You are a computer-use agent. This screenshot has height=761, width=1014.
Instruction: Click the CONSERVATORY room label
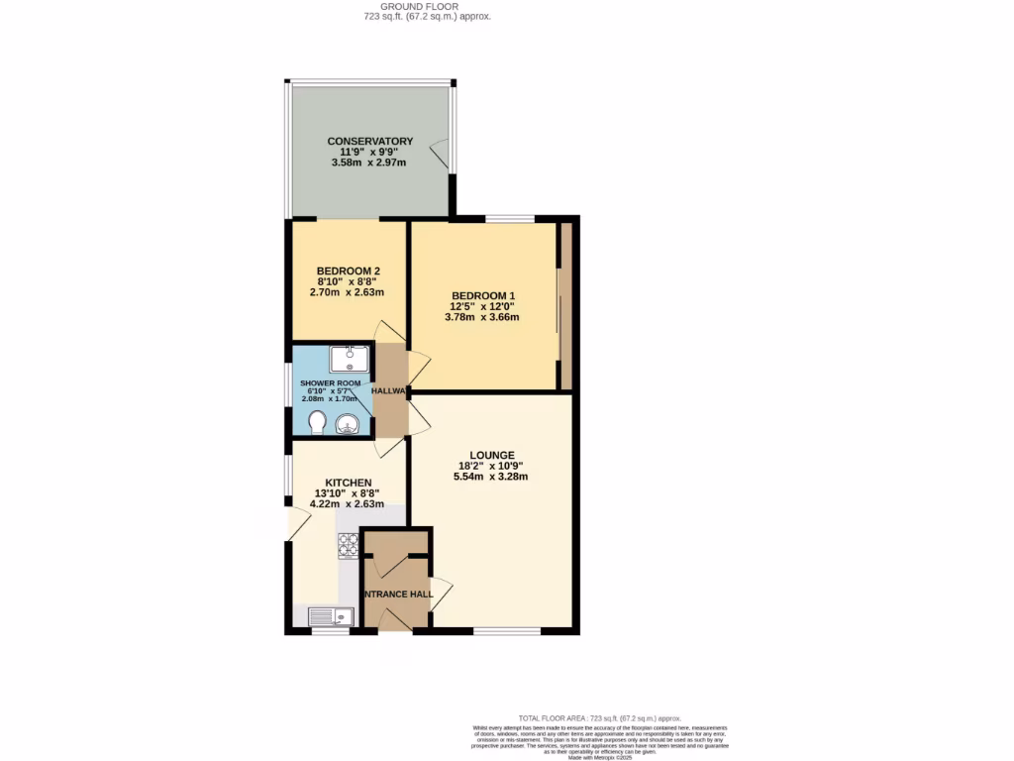(x=370, y=142)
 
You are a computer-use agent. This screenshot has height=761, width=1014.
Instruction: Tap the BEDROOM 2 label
(x=349, y=271)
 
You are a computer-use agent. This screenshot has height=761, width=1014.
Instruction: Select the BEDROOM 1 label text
(x=483, y=295)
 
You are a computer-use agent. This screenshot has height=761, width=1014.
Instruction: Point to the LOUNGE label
(x=491, y=455)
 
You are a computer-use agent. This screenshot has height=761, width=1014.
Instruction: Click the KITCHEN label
(x=349, y=483)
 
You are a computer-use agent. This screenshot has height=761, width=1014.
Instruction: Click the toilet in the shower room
(x=317, y=424)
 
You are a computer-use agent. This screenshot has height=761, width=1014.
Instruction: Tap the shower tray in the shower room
(x=350, y=358)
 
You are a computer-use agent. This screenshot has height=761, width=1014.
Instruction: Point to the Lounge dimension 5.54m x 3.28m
(x=491, y=477)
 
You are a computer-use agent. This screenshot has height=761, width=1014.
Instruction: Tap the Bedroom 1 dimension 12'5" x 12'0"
(x=484, y=306)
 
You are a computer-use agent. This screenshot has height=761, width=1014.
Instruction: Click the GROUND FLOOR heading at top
(x=427, y=6)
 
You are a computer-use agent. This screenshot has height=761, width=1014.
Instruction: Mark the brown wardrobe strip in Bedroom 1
(x=565, y=306)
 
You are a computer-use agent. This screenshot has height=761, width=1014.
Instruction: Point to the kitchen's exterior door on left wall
(x=293, y=523)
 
